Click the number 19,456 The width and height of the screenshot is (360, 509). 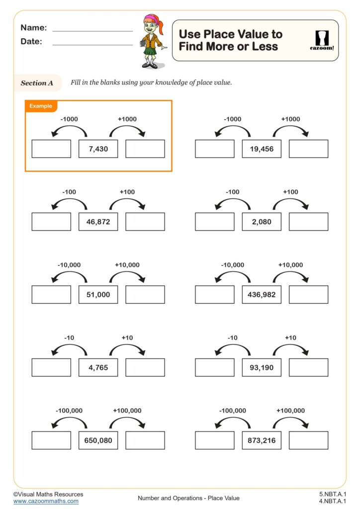click(262, 149)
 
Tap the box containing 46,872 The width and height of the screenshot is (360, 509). click(98, 222)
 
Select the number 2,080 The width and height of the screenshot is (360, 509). click(262, 222)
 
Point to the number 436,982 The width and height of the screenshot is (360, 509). click(262, 294)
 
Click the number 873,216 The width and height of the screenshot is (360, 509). click(262, 440)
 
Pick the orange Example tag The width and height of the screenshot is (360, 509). click(41, 106)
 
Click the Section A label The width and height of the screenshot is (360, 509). click(37, 83)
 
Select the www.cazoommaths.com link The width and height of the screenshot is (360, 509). click(46, 501)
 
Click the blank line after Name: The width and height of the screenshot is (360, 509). click(92, 30)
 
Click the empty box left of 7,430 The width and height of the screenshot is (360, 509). click(51, 149)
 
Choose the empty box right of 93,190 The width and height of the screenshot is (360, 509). click(308, 367)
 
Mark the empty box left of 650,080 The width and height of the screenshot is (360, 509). click(51, 440)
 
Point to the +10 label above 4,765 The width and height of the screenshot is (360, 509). click(127, 338)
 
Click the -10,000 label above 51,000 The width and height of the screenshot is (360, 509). click(69, 265)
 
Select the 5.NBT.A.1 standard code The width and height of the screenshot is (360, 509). click(333, 494)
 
